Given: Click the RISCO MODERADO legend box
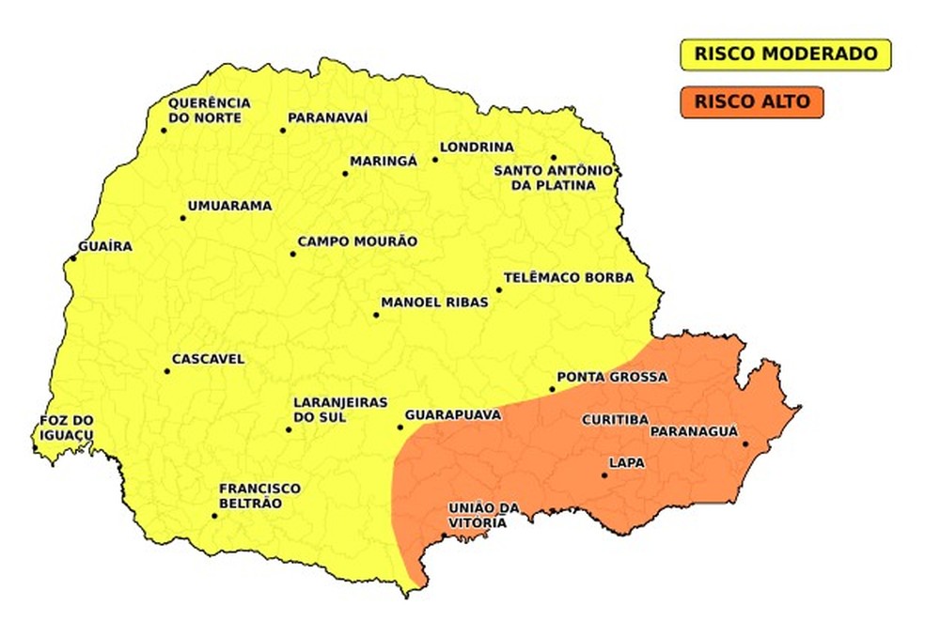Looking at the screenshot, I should pyautogui.click(x=785, y=54).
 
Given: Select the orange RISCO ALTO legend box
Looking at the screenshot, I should pyautogui.click(x=748, y=101).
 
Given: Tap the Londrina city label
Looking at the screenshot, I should pyautogui.click(x=477, y=148).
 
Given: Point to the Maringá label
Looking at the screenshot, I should pyautogui.click(x=383, y=162).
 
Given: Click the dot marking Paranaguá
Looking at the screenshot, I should pyautogui.click(x=745, y=443).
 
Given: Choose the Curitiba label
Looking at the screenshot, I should pyautogui.click(x=615, y=419).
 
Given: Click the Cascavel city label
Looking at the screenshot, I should pyautogui.click(x=208, y=359).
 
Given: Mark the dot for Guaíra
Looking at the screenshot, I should pyautogui.click(x=73, y=258).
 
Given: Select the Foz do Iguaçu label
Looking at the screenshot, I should pyautogui.click(x=67, y=428).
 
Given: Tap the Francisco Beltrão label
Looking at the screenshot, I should pyautogui.click(x=259, y=495).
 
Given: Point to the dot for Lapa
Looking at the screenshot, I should pyautogui.click(x=604, y=475).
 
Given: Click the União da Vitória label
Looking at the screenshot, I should pyautogui.click(x=483, y=515).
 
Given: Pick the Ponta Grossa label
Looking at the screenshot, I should pyautogui.click(x=611, y=378).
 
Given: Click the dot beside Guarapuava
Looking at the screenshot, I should pyautogui.click(x=400, y=428).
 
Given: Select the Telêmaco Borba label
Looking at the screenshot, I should pyautogui.click(x=569, y=278).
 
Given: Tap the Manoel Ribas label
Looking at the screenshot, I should pyautogui.click(x=434, y=303).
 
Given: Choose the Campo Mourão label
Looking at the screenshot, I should pyautogui.click(x=357, y=241).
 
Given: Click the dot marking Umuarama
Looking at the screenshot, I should pyautogui.click(x=183, y=218).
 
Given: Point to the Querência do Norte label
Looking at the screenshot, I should pyautogui.click(x=209, y=110).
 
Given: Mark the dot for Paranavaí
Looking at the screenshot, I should pyautogui.click(x=283, y=130).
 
